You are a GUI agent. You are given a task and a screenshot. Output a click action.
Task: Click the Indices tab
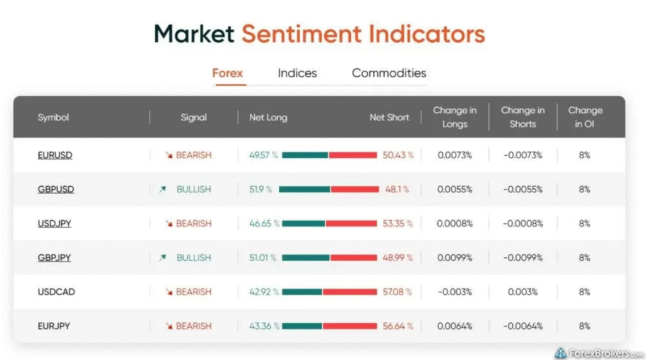pos(297,73)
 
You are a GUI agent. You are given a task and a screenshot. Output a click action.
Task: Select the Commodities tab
pos(389,73)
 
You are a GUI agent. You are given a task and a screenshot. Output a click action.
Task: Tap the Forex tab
pos(227,73)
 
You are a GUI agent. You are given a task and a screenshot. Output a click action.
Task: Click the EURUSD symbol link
pos(55,155)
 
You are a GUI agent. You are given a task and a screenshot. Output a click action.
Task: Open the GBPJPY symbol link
pos(54,258)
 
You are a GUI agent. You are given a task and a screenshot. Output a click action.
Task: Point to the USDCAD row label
pos(56,292)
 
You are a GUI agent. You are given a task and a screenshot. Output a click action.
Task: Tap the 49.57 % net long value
pos(263,155)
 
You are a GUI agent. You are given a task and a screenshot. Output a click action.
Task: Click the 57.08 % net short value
pos(397,292)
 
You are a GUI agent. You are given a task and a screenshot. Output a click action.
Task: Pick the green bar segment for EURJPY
pos(302,326)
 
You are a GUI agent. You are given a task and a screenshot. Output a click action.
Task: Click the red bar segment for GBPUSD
pos(355,190)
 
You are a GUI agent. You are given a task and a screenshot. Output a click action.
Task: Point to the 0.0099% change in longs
pos(454,258)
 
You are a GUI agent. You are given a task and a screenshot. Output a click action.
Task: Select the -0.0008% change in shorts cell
pos(522,224)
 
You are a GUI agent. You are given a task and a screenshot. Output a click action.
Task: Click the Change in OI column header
pos(585,117)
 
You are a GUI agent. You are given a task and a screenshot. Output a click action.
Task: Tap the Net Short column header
pos(389,117)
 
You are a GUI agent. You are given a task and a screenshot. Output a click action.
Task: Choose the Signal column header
pos(194,117)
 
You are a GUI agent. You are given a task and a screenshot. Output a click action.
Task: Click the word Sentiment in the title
pos(301,34)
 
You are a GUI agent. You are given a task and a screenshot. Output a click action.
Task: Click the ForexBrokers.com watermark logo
pos(599,353)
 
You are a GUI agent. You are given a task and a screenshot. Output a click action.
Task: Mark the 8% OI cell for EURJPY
pos(584,326)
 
